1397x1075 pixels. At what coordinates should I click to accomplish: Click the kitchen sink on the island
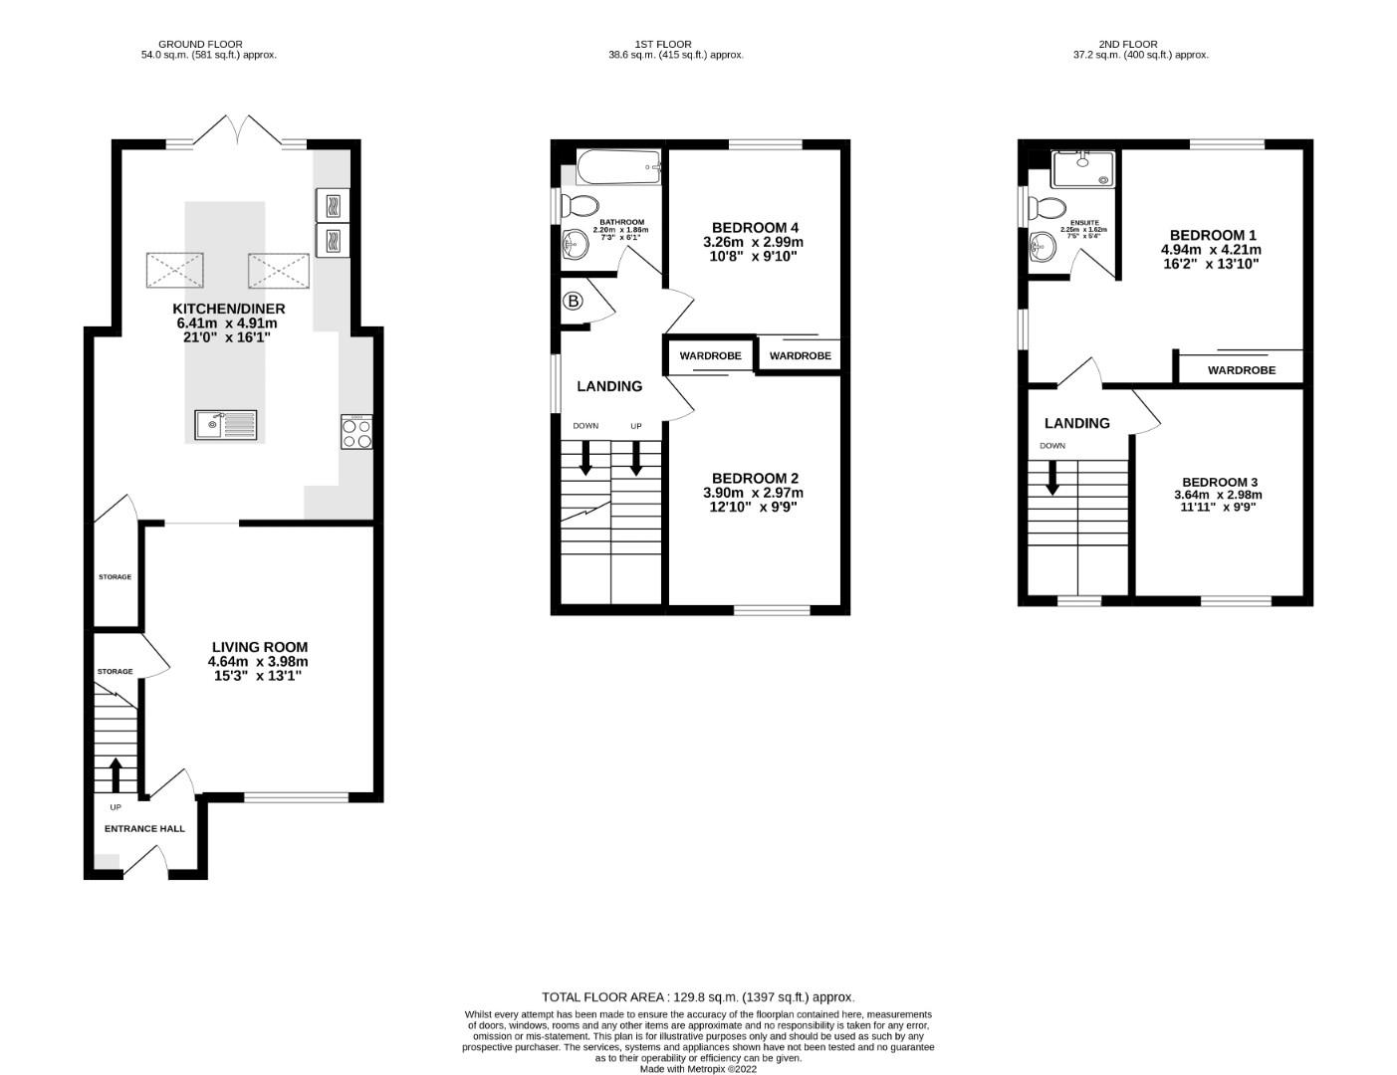pyautogui.click(x=225, y=425)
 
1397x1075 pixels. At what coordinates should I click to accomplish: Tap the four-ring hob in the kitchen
pyautogui.click(x=356, y=432)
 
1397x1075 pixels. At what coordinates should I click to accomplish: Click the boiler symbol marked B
pyautogui.click(x=573, y=302)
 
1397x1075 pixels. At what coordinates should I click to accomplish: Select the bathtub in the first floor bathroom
pyautogui.click(x=618, y=166)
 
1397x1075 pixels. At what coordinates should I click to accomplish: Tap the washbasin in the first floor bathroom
pyautogui.click(x=576, y=243)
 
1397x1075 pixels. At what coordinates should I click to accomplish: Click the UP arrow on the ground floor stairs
pyautogui.click(x=115, y=774)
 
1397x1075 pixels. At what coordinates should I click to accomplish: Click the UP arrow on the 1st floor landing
pyautogui.click(x=635, y=456)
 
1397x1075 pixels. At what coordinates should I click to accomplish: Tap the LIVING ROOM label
pyautogui.click(x=259, y=647)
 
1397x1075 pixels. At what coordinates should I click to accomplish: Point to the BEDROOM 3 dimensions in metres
pyautogui.click(x=1218, y=495)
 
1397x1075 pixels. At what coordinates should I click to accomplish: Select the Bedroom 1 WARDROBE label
pyautogui.click(x=1241, y=370)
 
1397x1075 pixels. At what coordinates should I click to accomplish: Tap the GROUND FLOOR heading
pyautogui.click(x=200, y=44)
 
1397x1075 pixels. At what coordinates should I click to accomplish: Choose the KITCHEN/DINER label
pyautogui.click(x=226, y=309)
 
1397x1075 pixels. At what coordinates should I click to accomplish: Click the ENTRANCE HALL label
pyautogui.click(x=144, y=828)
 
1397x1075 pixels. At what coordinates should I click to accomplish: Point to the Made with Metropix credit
pyautogui.click(x=698, y=1069)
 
